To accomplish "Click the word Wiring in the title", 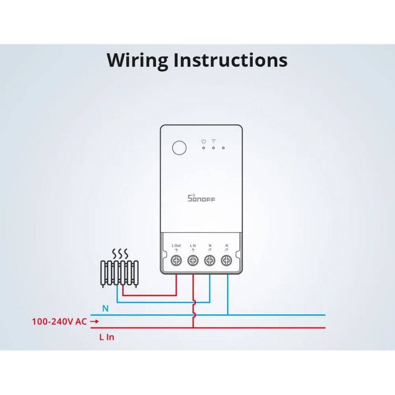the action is tap(137, 60).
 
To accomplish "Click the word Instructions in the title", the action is tap(231, 60).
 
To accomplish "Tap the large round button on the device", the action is tap(179, 147).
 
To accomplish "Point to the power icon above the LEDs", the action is tap(203, 141).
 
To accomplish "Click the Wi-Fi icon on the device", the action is tap(214, 141).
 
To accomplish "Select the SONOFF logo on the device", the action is tap(201, 198).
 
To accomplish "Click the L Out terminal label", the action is tap(176, 245).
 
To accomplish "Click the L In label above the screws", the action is tap(193, 245).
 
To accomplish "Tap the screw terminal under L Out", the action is tap(176, 260).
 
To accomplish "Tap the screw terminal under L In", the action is tap(193, 260).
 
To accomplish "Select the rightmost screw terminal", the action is tap(226, 260).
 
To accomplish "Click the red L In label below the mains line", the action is tap(107, 337).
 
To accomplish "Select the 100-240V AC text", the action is tap(60, 322).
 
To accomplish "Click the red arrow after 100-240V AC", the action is tap(94, 321).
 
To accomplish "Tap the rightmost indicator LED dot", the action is tap(223, 148).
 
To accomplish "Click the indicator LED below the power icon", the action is tap(203, 148).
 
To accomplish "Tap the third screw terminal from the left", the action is tap(210, 260).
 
